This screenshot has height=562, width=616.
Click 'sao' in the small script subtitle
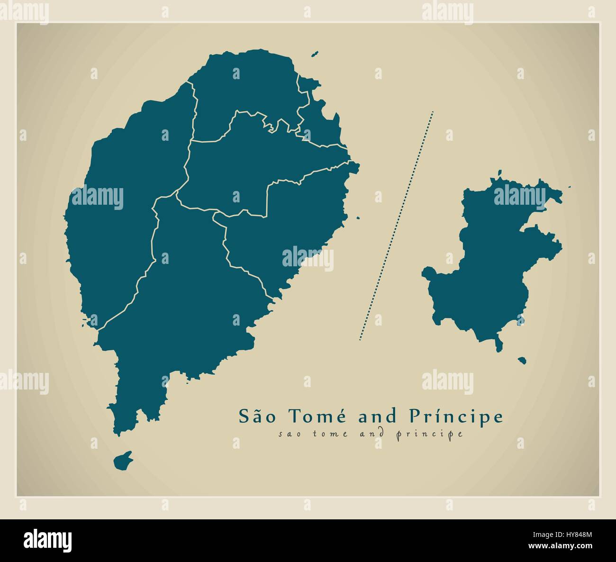pyautogui.click(x=288, y=434)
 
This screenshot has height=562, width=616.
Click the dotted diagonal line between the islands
pyautogui.click(x=396, y=226)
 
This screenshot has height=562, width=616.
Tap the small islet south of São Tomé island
pyautogui.click(x=123, y=460)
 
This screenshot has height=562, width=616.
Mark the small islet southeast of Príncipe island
pyautogui.click(x=522, y=361)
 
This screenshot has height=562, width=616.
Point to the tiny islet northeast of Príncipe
pyautogui.click(x=569, y=187)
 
